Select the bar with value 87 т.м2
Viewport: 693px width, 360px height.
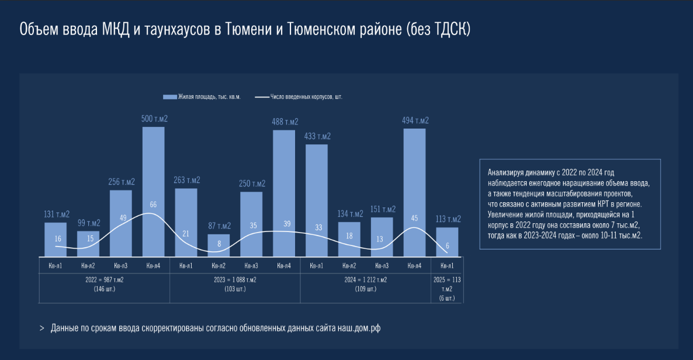tap(219, 245)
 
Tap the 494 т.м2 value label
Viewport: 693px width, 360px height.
tap(415, 121)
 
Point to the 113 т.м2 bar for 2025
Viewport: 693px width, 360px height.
tap(448, 241)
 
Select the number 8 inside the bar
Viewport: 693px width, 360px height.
tap(219, 244)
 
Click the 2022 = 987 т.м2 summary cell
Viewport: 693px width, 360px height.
tap(105, 283)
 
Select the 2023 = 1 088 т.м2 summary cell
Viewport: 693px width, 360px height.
tap(235, 283)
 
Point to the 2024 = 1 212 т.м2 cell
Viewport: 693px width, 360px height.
tap(366, 283)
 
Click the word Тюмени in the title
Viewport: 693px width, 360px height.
tap(245, 29)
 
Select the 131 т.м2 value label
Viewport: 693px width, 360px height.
tap(57, 214)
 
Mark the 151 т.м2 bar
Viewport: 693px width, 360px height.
tap(383, 236)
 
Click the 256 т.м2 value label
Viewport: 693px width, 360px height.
tap(122, 181)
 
